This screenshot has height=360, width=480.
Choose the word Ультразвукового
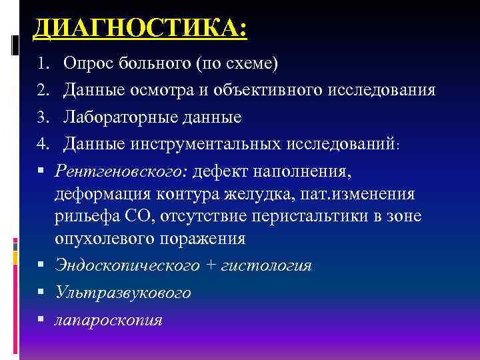tap(123, 292)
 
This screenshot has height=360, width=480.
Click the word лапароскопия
tap(109, 320)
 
